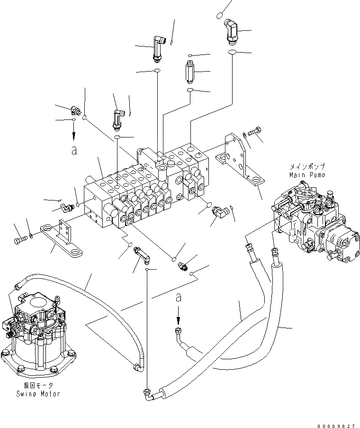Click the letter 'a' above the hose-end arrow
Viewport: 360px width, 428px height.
pyautogui.click(x=178, y=298)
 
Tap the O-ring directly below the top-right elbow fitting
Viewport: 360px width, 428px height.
pyautogui.click(x=232, y=52)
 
